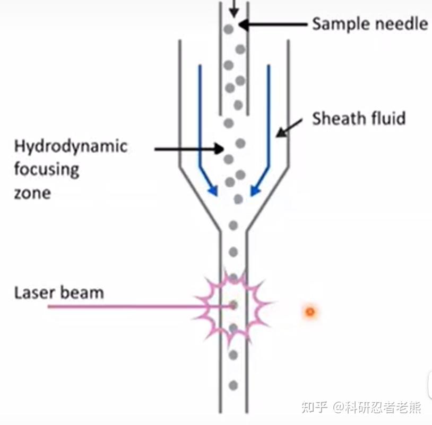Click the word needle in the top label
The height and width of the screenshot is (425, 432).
pos(401,24)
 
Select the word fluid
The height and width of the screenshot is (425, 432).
pos(388,118)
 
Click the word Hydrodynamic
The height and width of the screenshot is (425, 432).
pos(71,146)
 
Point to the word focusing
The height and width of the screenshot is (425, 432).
pos(47,169)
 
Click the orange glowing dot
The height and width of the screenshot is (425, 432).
pos(309,312)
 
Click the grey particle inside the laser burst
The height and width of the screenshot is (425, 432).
pos(232,305)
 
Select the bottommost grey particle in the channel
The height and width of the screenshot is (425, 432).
pos(232,385)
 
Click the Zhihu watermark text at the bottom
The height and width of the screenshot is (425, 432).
pos(361,407)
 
